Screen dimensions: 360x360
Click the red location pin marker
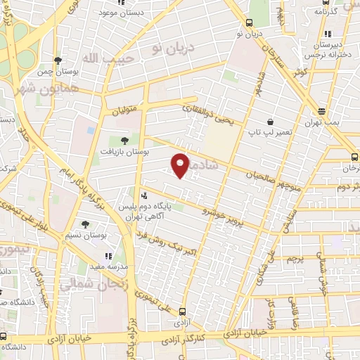181,164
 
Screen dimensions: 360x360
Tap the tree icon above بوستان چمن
58,60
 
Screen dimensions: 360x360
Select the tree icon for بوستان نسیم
85,225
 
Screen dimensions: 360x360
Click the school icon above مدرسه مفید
108,257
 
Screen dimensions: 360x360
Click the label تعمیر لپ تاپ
269,131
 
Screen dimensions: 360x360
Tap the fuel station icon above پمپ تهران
322,111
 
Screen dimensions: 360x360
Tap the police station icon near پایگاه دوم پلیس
144,196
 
